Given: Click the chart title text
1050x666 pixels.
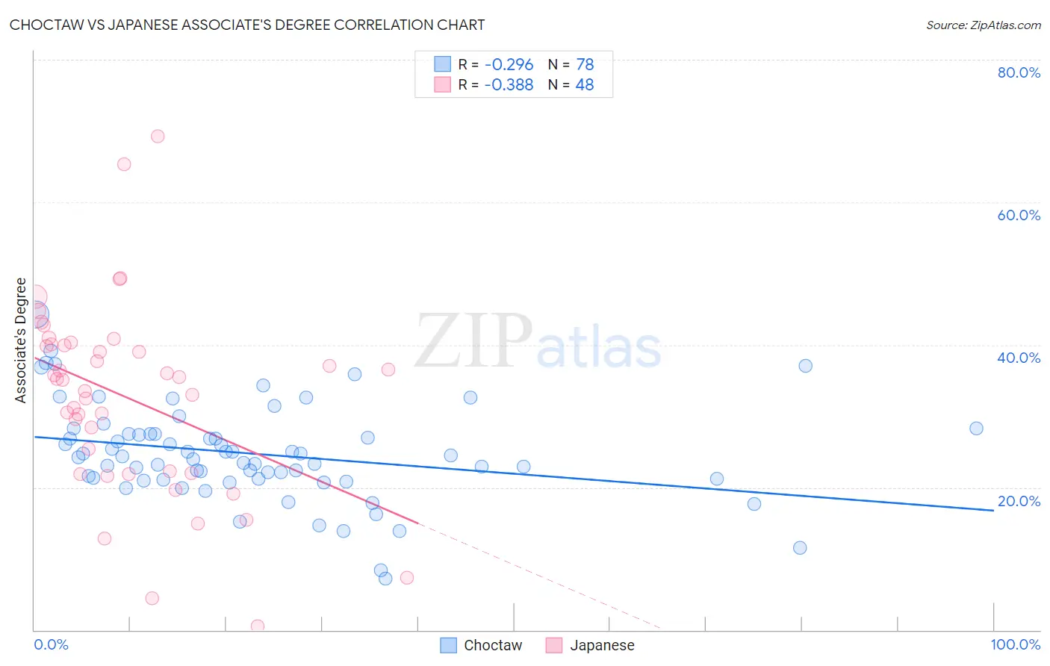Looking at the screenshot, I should pyautogui.click(x=247, y=25).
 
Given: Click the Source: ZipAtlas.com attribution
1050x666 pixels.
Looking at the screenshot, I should pyautogui.click(x=983, y=25).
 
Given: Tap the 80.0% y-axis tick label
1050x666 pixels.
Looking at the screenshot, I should pyautogui.click(x=1019, y=72).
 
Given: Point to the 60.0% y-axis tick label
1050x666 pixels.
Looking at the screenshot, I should pyautogui.click(x=1019, y=215).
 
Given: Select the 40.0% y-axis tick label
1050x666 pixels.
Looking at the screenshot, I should pyautogui.click(x=1019, y=358).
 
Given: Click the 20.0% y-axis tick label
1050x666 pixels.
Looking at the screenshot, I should pyautogui.click(x=1019, y=501).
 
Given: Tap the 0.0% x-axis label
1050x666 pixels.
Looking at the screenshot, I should pyautogui.click(x=51, y=644).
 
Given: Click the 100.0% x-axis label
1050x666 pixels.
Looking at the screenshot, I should pyautogui.click(x=1015, y=644).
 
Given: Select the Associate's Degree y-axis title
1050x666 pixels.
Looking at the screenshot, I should pyautogui.click(x=21, y=340).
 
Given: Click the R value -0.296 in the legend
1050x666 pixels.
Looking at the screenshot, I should pyautogui.click(x=509, y=64).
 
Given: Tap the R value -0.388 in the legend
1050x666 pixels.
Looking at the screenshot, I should pyautogui.click(x=509, y=84).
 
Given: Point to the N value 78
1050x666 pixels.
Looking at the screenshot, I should pyautogui.click(x=585, y=64).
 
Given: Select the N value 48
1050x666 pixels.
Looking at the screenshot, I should pyautogui.click(x=585, y=84).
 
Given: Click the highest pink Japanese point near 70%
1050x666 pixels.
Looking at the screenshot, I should pyautogui.click(x=158, y=136).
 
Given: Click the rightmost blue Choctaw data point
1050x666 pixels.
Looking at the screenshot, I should pyautogui.click(x=976, y=428).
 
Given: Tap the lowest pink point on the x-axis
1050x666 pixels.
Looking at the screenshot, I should pyautogui.click(x=258, y=626).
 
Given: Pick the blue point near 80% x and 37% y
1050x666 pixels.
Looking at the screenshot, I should pyautogui.click(x=805, y=365).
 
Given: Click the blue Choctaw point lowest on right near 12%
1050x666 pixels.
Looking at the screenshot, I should pyautogui.click(x=800, y=547).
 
